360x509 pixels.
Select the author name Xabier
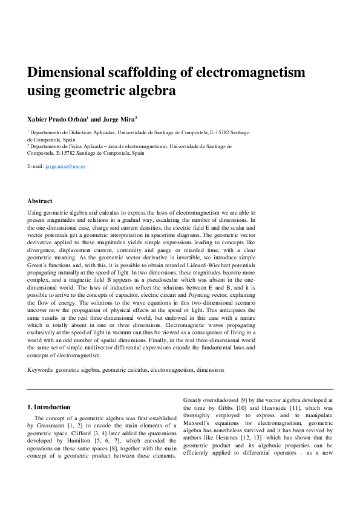tap(39, 119)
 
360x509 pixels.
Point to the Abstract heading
tap(40, 201)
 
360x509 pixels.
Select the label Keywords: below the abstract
tap(40, 369)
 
